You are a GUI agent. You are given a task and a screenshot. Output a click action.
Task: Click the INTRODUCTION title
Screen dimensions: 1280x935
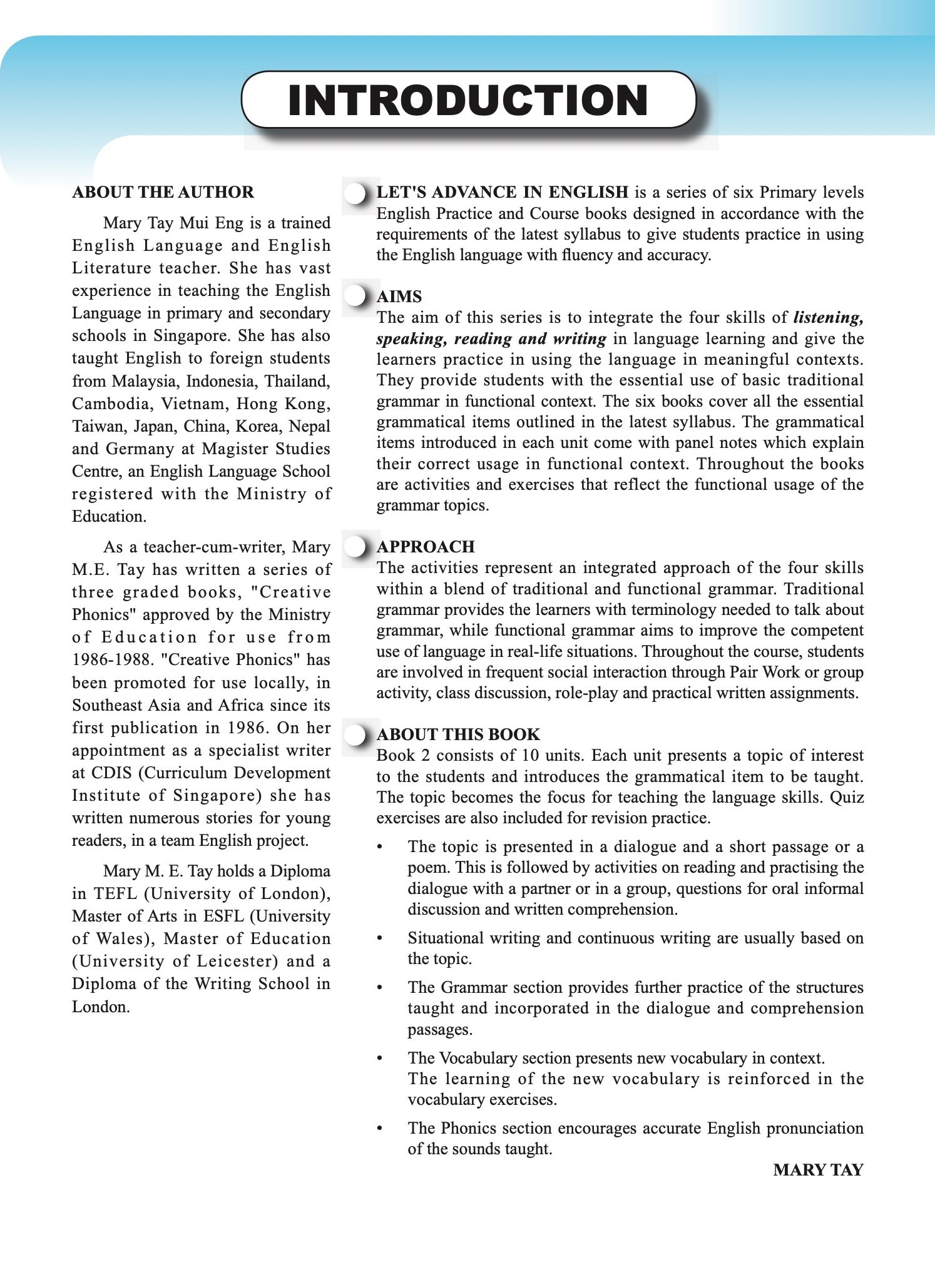click(x=467, y=100)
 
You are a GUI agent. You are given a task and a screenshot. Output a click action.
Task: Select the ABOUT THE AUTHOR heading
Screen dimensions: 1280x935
click(x=163, y=192)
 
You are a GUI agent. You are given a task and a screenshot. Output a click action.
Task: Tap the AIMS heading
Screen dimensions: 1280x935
click(x=399, y=297)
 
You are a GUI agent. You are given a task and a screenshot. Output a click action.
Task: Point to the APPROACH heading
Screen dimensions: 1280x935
click(x=425, y=547)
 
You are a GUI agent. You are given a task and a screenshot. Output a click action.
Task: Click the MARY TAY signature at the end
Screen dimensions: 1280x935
click(x=817, y=1170)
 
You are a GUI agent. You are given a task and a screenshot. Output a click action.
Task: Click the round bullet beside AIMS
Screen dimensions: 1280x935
click(x=356, y=296)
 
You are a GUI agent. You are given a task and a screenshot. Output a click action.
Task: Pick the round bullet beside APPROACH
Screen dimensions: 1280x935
click(x=356, y=547)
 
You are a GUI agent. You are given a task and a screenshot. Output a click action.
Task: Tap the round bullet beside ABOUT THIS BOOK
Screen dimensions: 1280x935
click(x=356, y=734)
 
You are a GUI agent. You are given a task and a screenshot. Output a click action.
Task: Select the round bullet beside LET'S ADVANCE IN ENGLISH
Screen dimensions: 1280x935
click(x=356, y=193)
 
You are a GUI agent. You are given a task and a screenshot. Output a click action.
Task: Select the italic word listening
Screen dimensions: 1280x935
click(x=828, y=318)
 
